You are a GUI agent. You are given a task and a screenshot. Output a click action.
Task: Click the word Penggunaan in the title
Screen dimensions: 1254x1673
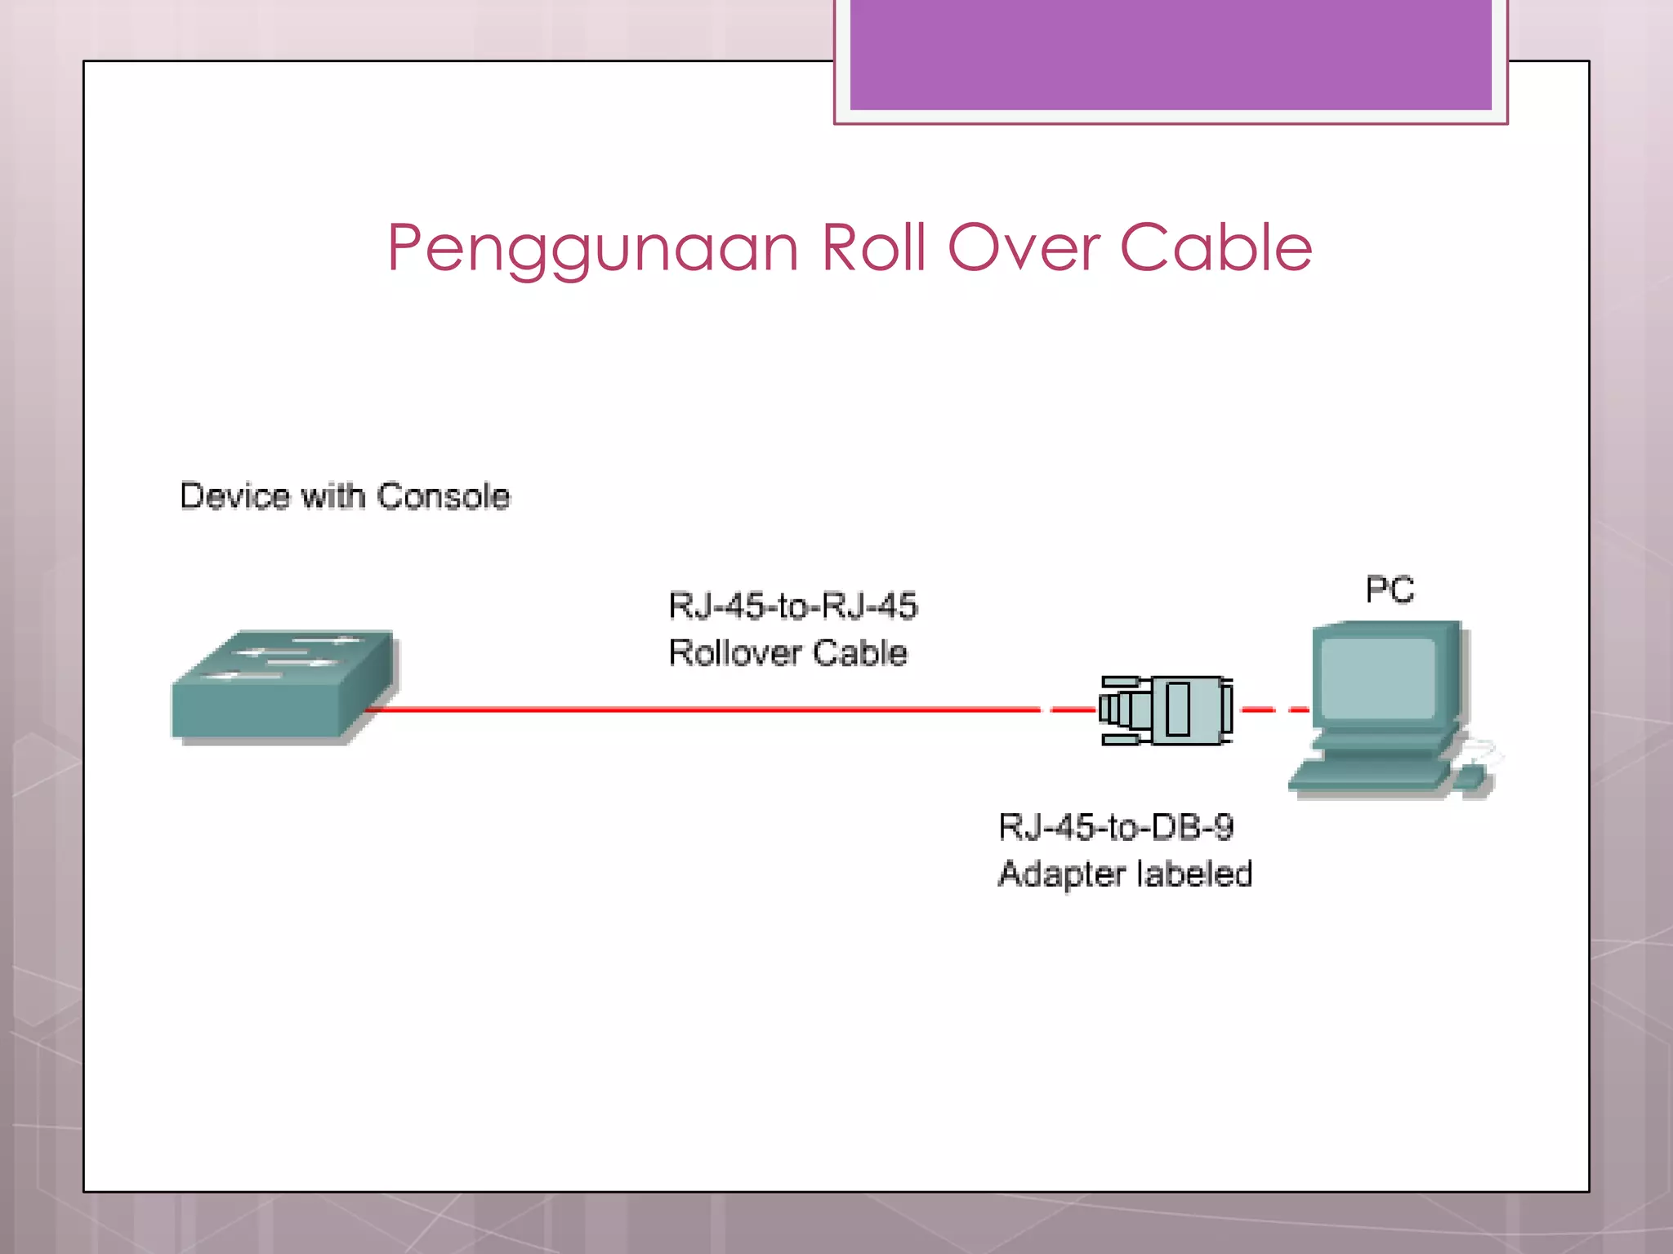(592, 249)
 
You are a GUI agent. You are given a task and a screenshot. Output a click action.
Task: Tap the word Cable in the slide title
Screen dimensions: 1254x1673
(1216, 247)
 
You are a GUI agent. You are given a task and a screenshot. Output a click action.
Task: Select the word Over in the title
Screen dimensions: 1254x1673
(1023, 247)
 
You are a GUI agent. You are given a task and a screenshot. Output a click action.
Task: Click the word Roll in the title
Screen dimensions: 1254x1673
(873, 247)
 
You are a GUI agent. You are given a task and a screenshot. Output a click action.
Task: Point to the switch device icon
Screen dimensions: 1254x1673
(282, 687)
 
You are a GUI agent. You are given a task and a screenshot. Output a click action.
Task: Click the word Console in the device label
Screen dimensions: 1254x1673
(444, 496)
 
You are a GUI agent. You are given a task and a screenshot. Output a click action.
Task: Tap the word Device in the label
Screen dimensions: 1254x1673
(235, 496)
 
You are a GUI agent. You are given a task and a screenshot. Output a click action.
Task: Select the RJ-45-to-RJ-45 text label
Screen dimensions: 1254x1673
(792, 606)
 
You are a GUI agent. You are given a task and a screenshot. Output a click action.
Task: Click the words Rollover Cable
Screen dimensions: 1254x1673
(787, 653)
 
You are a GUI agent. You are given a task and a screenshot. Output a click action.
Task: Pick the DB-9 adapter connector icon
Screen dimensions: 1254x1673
(1167, 710)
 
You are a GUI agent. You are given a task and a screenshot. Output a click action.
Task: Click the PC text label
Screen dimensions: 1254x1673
(1390, 589)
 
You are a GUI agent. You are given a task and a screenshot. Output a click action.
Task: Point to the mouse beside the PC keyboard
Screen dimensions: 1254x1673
(1470, 778)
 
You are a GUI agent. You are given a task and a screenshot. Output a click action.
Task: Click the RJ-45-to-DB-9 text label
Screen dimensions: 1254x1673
(1115, 827)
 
